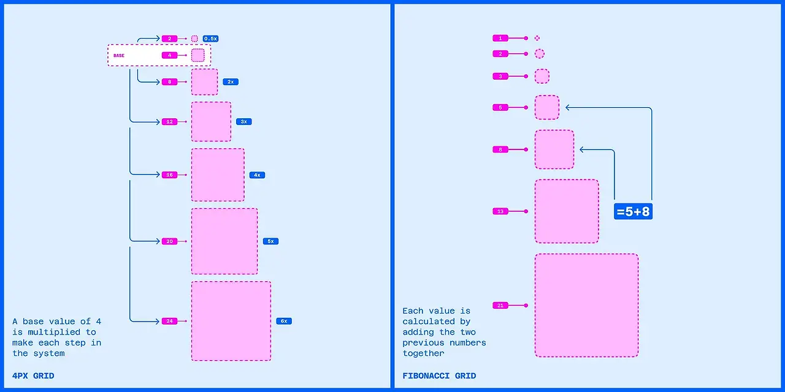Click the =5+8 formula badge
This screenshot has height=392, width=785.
[633, 212]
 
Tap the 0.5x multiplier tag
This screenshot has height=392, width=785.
[210, 39]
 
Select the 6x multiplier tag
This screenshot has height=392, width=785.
[283, 321]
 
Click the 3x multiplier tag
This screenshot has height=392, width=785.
[243, 122]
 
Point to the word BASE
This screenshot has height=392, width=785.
[119, 56]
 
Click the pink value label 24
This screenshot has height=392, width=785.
[169, 321]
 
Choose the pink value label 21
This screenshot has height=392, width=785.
[500, 305]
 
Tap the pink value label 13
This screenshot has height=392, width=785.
[500, 211]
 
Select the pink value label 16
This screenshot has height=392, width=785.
[169, 175]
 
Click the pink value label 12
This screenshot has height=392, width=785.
[169, 122]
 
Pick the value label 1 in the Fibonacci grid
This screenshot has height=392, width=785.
[500, 38]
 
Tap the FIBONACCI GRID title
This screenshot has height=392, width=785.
[439, 376]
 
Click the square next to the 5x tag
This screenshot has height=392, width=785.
[224, 241]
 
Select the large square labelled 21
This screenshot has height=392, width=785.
[586, 305]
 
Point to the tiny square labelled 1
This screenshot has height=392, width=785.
[537, 38]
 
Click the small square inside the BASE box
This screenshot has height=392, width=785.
[197, 56]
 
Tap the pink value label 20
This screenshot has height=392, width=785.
[169, 241]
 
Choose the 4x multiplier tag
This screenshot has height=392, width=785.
[257, 175]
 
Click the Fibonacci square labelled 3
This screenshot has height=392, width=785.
[542, 77]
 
